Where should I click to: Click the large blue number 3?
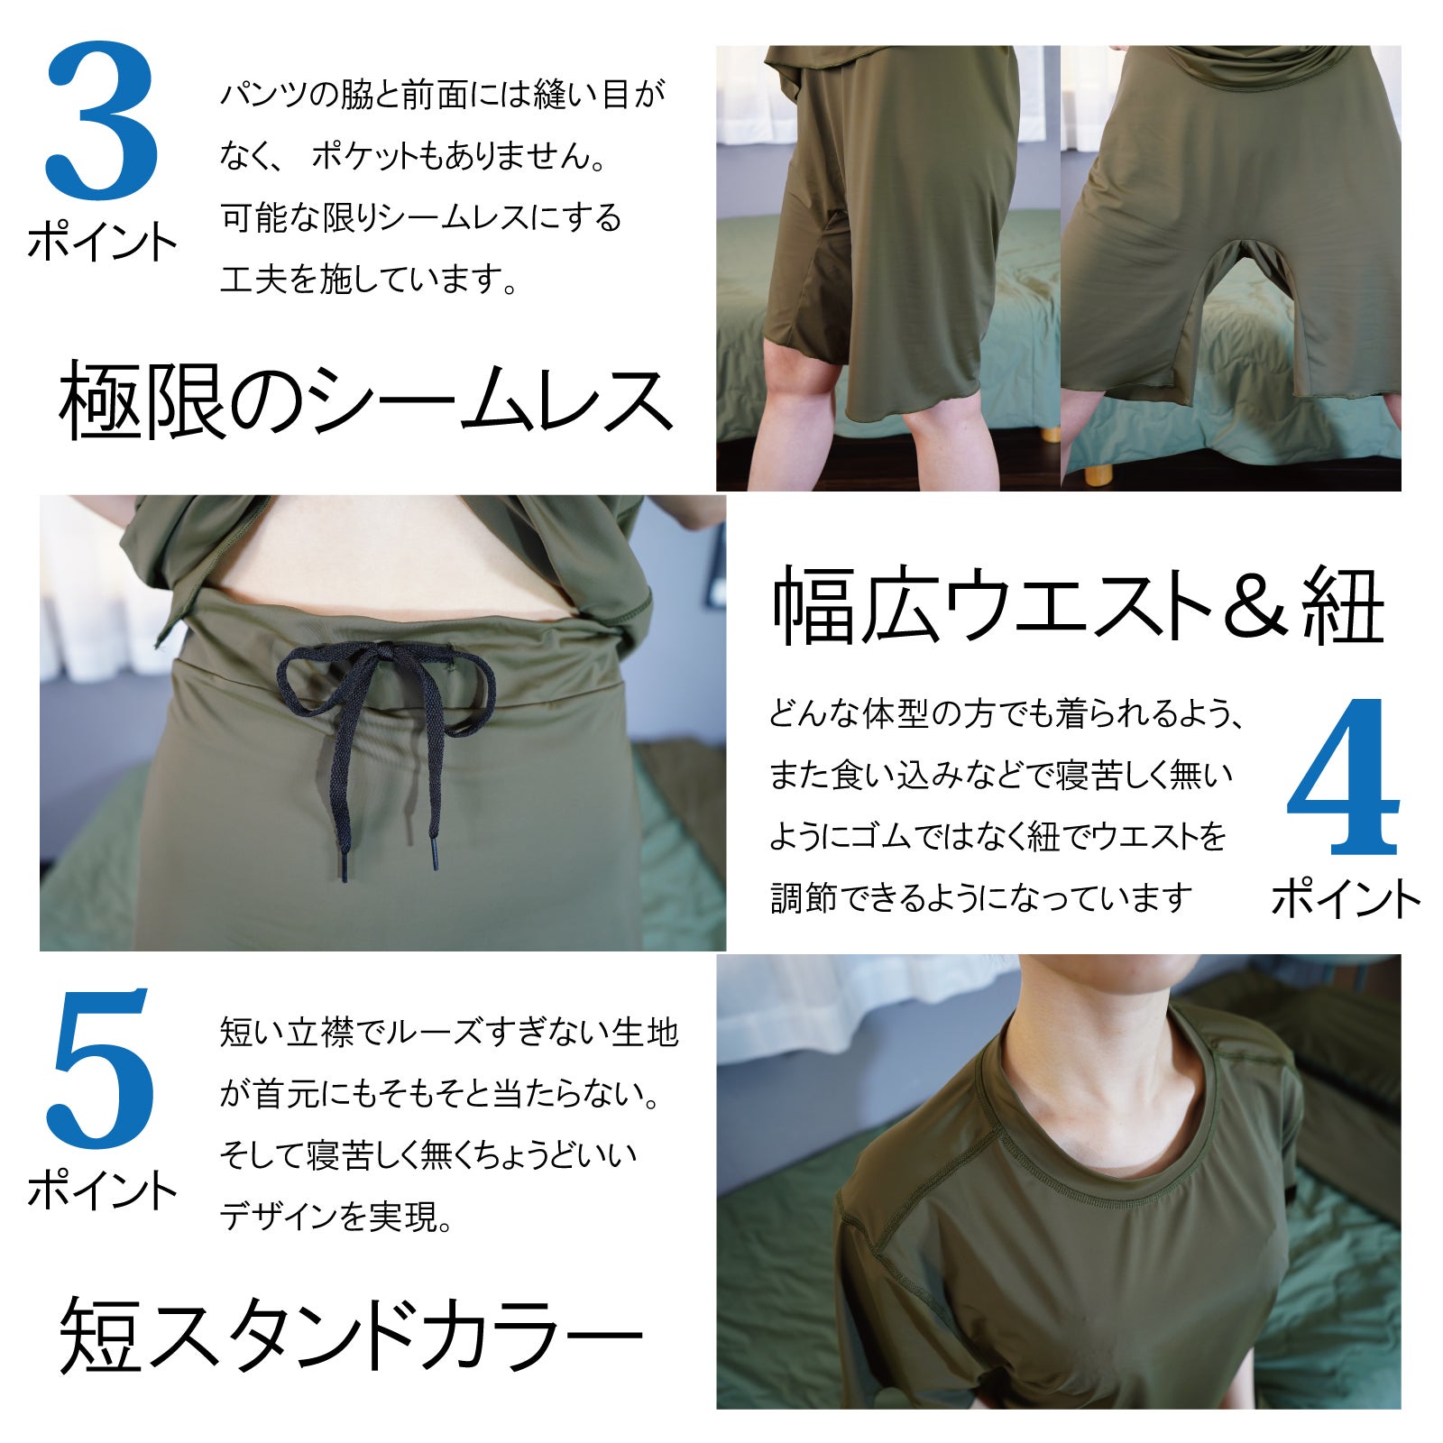(x=102, y=121)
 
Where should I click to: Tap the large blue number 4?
(x=1343, y=777)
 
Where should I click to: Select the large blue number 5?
(x=101, y=1070)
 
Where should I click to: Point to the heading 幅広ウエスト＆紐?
(x=1078, y=607)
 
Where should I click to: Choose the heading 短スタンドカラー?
(x=352, y=1335)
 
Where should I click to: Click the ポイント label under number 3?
(x=102, y=242)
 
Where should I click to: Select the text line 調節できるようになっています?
(x=981, y=898)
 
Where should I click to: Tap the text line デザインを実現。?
(x=336, y=1218)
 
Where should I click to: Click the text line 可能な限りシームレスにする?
(x=421, y=218)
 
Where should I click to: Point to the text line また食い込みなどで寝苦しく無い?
(x=1000, y=776)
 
